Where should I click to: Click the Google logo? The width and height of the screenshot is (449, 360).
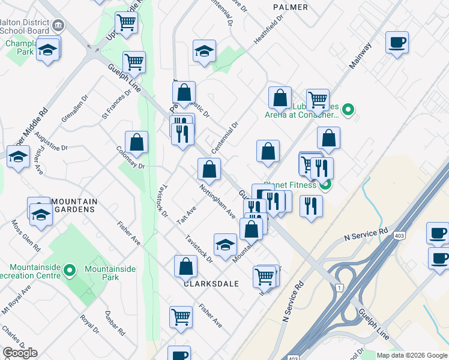(x=20, y=353)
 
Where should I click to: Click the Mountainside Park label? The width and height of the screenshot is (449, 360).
(x=110, y=273)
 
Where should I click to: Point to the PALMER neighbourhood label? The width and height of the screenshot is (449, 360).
(x=290, y=7)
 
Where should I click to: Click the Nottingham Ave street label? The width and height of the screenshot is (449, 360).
(x=217, y=200)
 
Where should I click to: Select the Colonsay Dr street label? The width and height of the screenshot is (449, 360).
(x=130, y=158)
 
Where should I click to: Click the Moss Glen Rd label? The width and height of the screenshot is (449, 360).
(x=25, y=235)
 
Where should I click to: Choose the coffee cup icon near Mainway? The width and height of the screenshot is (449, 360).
(x=397, y=43)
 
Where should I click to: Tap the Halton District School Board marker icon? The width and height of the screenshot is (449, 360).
(x=58, y=25)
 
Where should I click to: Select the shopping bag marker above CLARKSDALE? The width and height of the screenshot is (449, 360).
(x=186, y=265)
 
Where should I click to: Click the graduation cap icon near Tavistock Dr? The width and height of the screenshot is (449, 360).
(x=225, y=245)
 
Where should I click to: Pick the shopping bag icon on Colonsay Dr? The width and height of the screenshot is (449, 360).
(x=137, y=142)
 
